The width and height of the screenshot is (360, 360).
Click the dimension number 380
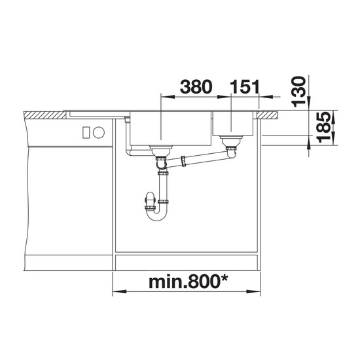point(196,87)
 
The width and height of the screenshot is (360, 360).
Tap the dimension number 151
point(245,87)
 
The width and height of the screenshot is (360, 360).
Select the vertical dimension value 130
point(298,92)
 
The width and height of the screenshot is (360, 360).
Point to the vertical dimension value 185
point(323,127)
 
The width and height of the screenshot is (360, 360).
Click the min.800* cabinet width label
point(189,282)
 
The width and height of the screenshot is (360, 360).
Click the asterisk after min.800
point(224,279)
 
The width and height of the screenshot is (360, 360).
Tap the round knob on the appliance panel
point(99,133)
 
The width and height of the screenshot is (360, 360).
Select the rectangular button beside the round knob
point(86,132)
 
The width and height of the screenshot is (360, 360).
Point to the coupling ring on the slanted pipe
point(183,161)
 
